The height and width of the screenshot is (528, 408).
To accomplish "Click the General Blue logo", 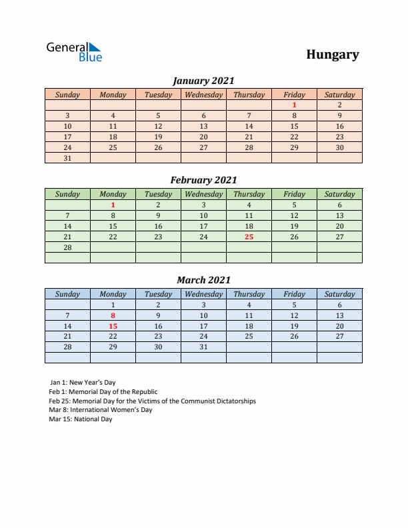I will (74, 52).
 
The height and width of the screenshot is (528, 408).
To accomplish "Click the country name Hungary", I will (333, 55).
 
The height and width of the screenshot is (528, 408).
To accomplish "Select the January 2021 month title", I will (203, 81).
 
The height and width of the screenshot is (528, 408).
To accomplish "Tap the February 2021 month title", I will (203, 180).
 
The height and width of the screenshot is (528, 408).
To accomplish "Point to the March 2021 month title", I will (203, 280).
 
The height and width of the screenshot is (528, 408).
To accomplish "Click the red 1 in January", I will (294, 105).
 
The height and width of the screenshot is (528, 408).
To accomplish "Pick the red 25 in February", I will (249, 237).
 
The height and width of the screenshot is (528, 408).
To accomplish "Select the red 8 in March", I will (113, 315).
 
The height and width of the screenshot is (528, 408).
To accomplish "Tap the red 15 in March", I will (113, 326).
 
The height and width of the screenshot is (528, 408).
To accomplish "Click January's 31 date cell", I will (67, 158).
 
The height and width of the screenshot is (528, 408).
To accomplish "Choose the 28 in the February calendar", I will (67, 247).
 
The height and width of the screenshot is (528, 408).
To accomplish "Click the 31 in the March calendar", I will (203, 347).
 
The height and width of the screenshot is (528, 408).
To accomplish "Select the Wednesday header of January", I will (203, 95).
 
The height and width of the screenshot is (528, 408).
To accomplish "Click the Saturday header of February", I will (339, 195).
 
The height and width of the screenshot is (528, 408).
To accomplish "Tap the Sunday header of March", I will (67, 294).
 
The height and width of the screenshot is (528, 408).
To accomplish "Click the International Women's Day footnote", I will (101, 410).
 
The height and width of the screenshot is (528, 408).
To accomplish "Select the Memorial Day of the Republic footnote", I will (103, 392).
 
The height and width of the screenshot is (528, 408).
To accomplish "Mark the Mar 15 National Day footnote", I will (81, 419).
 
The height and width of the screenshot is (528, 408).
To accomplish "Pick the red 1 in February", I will (113, 205).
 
